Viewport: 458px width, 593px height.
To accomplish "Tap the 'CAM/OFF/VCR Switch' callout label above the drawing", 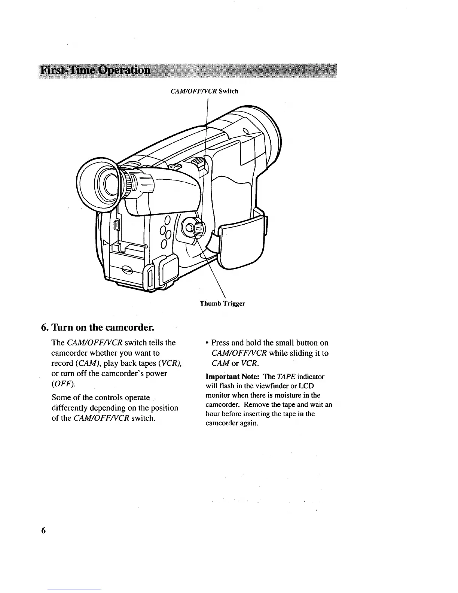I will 204,91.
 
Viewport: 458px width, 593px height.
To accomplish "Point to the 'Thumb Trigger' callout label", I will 222,303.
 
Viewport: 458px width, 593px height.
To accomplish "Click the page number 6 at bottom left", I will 43,530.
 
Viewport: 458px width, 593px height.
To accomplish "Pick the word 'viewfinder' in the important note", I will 266,386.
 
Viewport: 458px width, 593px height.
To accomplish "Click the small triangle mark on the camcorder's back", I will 106,242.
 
